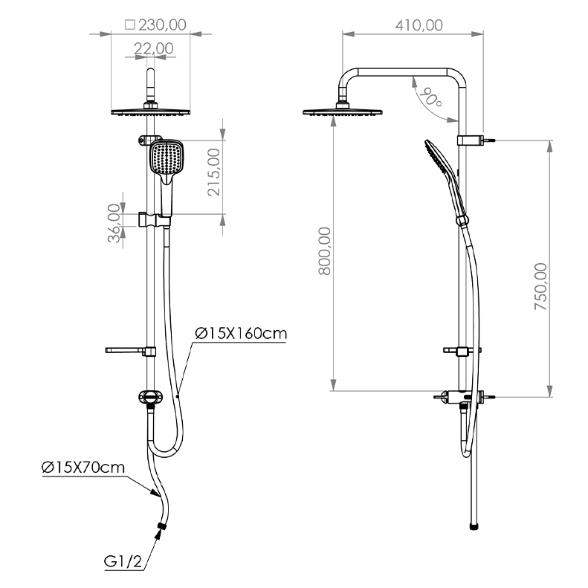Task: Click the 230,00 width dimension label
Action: coord(162,25)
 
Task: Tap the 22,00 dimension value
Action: coord(154,48)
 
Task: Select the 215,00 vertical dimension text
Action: coord(214,172)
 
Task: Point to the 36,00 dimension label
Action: coord(114,223)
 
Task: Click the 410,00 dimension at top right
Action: coord(419,25)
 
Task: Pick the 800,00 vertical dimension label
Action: coord(325,251)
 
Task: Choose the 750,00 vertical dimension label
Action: coord(540,286)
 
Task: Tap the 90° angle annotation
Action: coord(430,97)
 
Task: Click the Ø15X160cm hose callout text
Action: coord(241,333)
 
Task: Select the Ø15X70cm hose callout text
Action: coord(83,468)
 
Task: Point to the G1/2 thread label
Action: coord(123,561)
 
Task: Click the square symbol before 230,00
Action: coord(130,25)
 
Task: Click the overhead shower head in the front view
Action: coord(150,112)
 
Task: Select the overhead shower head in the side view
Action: coord(343,112)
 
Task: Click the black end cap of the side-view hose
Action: coord(474,526)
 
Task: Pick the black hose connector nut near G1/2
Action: coord(162,526)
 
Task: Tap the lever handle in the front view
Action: coord(130,351)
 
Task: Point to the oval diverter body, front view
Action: coord(150,397)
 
